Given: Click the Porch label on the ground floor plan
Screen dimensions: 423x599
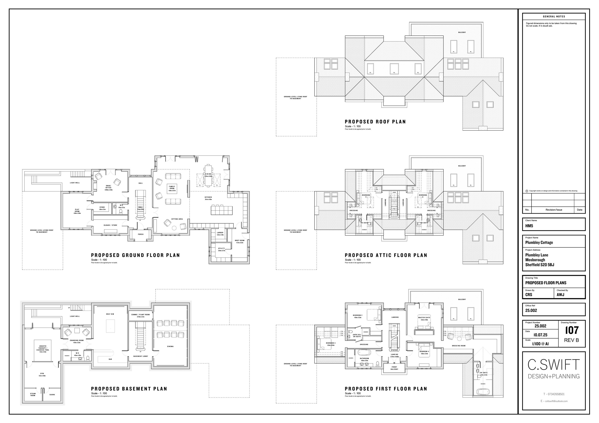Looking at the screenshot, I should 141,234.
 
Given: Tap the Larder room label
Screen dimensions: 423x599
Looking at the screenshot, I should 220,233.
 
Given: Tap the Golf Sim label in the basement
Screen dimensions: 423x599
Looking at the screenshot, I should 110,314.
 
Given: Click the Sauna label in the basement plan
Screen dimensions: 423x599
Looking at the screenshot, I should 52,395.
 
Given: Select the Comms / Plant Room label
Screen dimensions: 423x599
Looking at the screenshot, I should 140,315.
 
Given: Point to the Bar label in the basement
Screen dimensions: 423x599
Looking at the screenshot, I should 110,359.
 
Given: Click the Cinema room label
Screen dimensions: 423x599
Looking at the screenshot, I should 170,346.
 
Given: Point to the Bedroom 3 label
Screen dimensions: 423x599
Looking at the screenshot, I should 330,343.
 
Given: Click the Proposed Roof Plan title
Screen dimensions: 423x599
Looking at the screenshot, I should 375,122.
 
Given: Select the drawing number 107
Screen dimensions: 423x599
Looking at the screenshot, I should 572,330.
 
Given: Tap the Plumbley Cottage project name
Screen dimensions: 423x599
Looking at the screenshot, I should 539,242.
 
